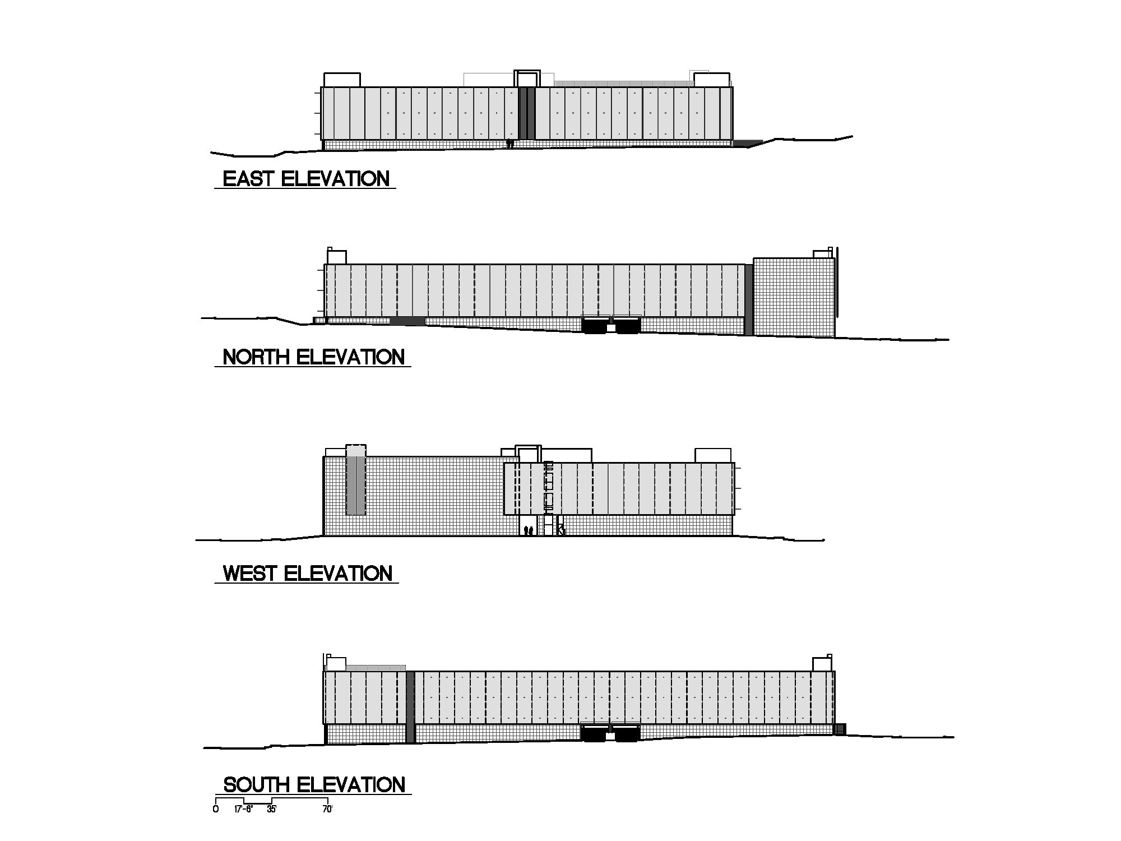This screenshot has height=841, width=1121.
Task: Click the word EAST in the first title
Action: [x=249, y=179]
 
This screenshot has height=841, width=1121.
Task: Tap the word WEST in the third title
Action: [x=250, y=574]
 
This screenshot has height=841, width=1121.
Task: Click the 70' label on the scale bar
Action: [x=327, y=810]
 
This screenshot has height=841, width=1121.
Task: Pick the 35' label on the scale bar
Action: [x=271, y=810]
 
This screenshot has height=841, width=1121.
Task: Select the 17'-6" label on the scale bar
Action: [x=244, y=810]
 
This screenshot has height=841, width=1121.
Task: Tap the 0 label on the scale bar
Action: [x=216, y=810]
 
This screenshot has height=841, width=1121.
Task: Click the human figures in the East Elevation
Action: [x=510, y=144]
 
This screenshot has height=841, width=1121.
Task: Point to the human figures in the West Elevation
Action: [x=527, y=530]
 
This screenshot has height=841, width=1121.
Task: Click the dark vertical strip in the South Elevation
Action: [x=410, y=707]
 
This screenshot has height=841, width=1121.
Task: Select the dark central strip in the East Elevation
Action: [x=527, y=113]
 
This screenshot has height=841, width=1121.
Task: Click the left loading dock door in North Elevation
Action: [x=595, y=325]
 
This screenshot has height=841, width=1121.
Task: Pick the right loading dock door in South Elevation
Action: [x=627, y=733]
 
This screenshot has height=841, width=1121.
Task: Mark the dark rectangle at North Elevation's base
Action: [x=407, y=321]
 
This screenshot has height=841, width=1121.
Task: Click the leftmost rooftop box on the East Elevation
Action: [x=342, y=80]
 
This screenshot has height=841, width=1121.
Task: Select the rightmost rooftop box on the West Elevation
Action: [x=713, y=455]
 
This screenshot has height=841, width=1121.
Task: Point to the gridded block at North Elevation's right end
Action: [x=794, y=297]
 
